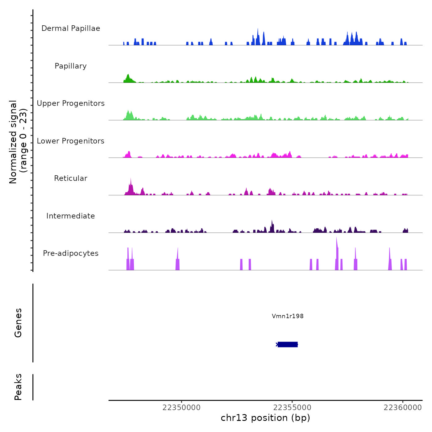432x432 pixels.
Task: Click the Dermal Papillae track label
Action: (71, 28)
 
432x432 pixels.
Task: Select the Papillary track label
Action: (71, 66)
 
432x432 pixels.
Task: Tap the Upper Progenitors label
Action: (71, 103)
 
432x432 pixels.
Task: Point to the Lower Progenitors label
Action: (71, 141)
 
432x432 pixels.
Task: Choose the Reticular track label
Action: (71, 178)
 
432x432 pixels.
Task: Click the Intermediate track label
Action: (71, 216)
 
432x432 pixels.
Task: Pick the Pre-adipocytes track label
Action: (71, 253)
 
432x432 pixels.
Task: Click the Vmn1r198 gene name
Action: (288, 316)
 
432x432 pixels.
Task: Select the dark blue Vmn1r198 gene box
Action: (288, 344)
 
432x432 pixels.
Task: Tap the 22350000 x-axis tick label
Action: (181, 408)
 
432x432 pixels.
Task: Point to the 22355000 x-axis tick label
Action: (292, 408)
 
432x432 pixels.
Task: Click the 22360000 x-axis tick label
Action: (403, 408)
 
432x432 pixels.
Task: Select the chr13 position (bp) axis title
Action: (265, 418)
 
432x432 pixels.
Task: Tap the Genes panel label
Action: (18, 323)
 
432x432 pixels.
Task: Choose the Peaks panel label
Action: (18, 387)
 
